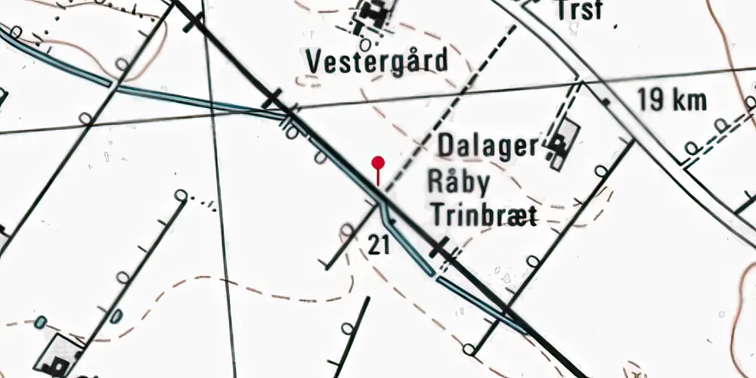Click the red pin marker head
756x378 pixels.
tap(378, 162)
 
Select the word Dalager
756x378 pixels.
tap(488, 146)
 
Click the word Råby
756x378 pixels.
tap(459, 182)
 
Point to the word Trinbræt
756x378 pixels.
tap(484, 215)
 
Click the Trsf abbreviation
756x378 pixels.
tap(581, 11)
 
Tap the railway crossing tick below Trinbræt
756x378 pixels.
tap(439, 249)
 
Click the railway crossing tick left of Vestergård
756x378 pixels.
tap(272, 98)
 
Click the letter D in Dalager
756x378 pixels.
tap(447, 146)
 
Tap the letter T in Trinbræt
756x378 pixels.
tap(437, 215)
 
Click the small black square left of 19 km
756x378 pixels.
tap(606, 99)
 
